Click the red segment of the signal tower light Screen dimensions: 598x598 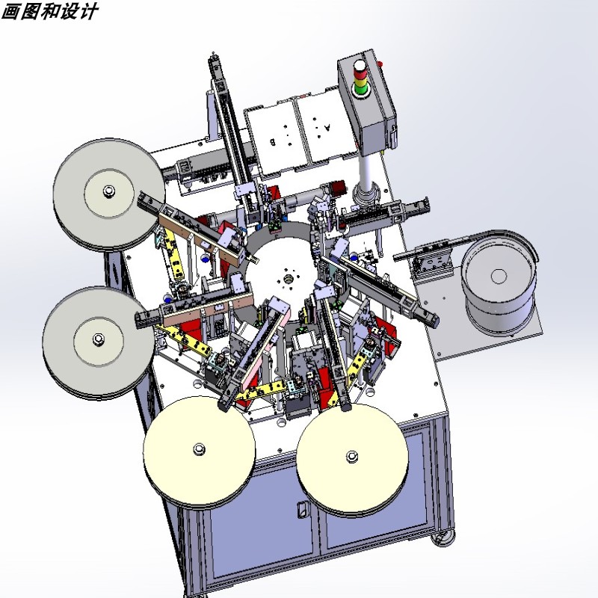tap(360, 73)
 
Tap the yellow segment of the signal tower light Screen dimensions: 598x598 tap(360, 81)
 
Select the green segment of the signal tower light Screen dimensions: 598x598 tap(360, 90)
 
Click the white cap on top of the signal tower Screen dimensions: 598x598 tap(359, 65)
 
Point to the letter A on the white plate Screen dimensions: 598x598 tap(327, 127)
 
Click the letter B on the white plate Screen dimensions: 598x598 tap(273, 142)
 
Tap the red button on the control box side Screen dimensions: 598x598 tap(380, 64)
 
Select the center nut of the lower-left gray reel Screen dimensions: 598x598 tap(99, 339)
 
